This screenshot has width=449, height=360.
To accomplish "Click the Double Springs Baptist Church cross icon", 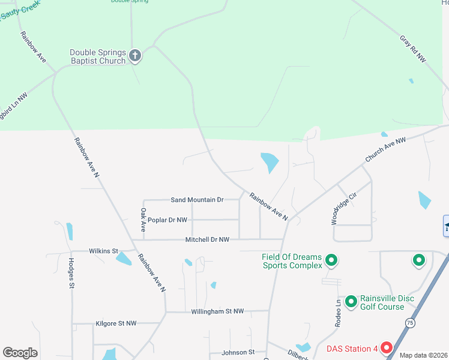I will point(136,56).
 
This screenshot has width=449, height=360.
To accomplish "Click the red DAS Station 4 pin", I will point(387,348).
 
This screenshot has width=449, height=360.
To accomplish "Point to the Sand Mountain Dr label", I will point(197,200).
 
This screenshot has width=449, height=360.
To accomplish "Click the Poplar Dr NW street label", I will point(167,220).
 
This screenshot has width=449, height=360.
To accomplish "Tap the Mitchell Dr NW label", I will point(207,239).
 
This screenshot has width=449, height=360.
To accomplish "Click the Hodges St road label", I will point(71,273).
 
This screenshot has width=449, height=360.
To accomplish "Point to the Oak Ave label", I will point(143,220).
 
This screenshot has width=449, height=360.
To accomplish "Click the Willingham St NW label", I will point(217,311).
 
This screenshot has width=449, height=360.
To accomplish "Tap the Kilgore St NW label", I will point(116,323).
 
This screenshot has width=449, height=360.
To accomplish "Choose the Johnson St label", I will point(238,352).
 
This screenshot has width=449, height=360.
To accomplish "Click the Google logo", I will point(20,353).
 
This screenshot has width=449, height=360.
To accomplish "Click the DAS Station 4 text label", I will point(352,348).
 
